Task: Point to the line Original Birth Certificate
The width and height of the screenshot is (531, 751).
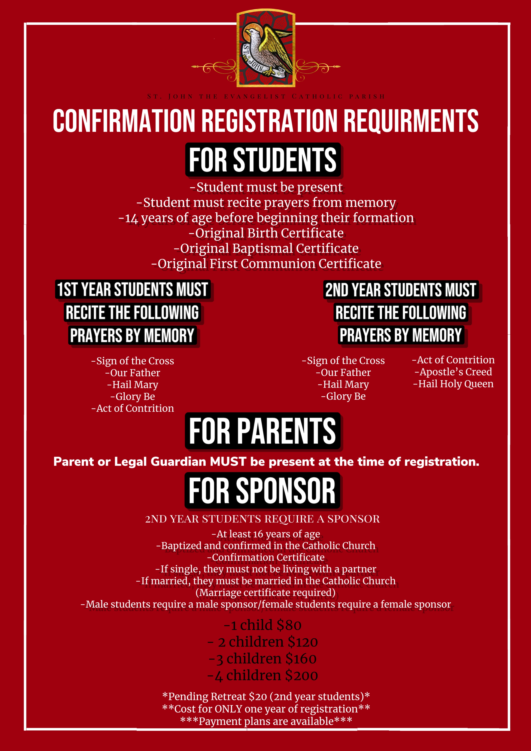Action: point(266,233)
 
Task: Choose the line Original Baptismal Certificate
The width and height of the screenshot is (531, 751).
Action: point(266,249)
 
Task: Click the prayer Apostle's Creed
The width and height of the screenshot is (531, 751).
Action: point(453,372)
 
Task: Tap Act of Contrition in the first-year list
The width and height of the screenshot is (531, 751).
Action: point(133,408)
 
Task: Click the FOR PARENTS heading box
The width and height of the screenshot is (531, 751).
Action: point(263,431)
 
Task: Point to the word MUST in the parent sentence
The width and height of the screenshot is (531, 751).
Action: point(228,462)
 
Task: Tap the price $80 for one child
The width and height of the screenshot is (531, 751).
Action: point(289,625)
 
